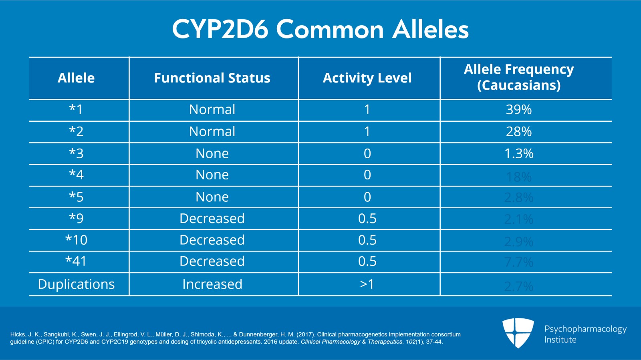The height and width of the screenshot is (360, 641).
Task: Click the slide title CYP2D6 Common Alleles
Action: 320,29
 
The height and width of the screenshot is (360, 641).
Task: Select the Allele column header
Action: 76,78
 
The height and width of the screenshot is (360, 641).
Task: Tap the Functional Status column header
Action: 212,78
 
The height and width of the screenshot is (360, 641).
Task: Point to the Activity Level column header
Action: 367,78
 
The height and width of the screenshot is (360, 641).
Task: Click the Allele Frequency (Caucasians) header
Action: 519,77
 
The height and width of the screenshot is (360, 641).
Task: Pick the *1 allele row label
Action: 76,109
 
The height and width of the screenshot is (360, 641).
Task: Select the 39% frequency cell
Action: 519,109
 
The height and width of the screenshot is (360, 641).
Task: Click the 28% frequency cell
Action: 519,131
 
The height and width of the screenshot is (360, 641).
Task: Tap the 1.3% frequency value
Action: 519,153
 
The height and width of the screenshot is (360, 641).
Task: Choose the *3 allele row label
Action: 76,153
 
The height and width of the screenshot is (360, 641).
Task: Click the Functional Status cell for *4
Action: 212,175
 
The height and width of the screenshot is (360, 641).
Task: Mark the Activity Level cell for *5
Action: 367,197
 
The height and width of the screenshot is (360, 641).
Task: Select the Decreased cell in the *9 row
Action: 212,219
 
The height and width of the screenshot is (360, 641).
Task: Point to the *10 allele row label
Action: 76,240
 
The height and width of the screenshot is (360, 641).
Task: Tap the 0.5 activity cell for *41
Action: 367,261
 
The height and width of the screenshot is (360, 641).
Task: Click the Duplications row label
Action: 76,284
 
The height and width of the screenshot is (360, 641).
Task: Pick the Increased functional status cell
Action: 212,284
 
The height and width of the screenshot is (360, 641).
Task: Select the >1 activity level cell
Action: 367,284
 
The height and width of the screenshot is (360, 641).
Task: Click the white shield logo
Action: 518,332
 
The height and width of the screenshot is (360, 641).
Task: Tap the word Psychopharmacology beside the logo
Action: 585,329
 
